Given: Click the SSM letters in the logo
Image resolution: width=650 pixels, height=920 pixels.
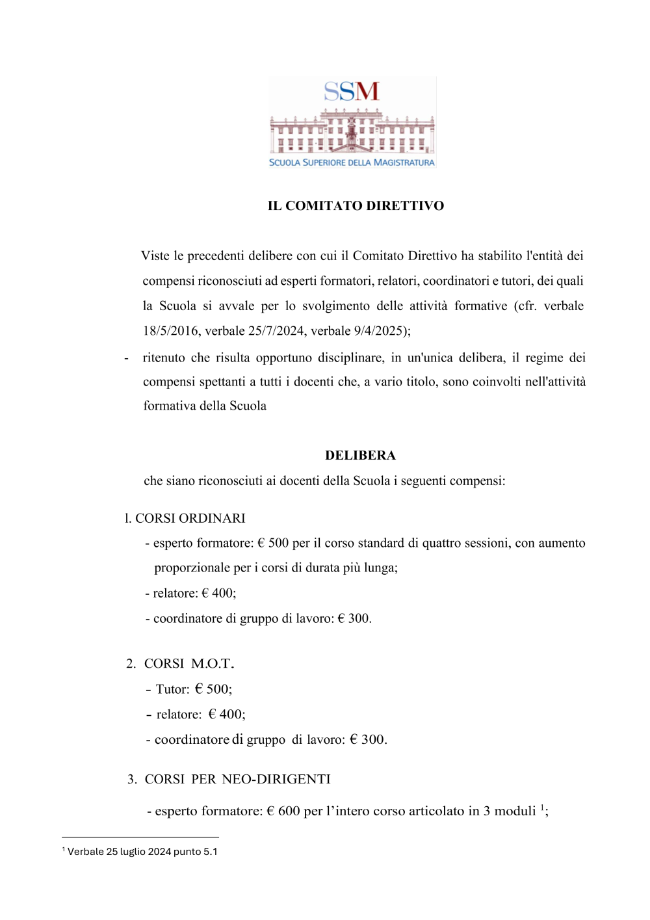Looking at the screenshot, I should [x=352, y=92].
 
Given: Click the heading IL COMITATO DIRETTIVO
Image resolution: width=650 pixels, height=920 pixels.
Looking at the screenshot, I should [x=356, y=206].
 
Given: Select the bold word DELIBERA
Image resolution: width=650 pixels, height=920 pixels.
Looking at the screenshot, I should [x=360, y=456].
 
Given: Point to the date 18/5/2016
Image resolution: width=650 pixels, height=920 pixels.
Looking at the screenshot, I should [x=170, y=331].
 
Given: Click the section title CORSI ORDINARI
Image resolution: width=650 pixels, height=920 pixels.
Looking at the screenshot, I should [x=190, y=519].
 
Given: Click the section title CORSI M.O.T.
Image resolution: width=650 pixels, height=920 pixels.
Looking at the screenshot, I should [x=188, y=664].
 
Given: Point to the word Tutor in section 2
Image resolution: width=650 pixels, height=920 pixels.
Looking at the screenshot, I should [x=172, y=689].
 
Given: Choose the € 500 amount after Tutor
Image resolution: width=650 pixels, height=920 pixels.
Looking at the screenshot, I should [x=213, y=689].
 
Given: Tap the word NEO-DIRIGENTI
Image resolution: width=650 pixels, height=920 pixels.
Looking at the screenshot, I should [x=276, y=780].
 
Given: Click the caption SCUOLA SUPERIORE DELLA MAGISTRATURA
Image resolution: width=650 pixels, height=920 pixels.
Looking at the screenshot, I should [x=352, y=163].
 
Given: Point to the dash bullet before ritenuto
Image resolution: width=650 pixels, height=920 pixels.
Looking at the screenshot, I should [x=126, y=358].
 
